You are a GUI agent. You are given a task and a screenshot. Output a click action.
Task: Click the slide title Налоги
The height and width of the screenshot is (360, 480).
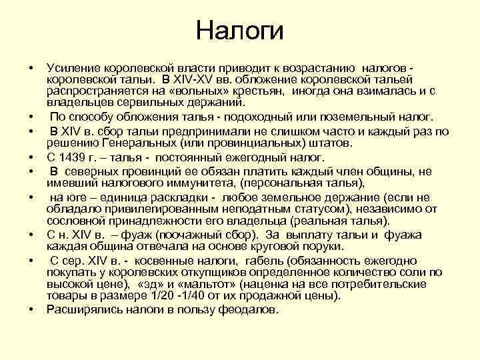pos(240,31)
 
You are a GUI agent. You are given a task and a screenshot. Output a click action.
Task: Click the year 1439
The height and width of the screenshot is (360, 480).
pos(72,158)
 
